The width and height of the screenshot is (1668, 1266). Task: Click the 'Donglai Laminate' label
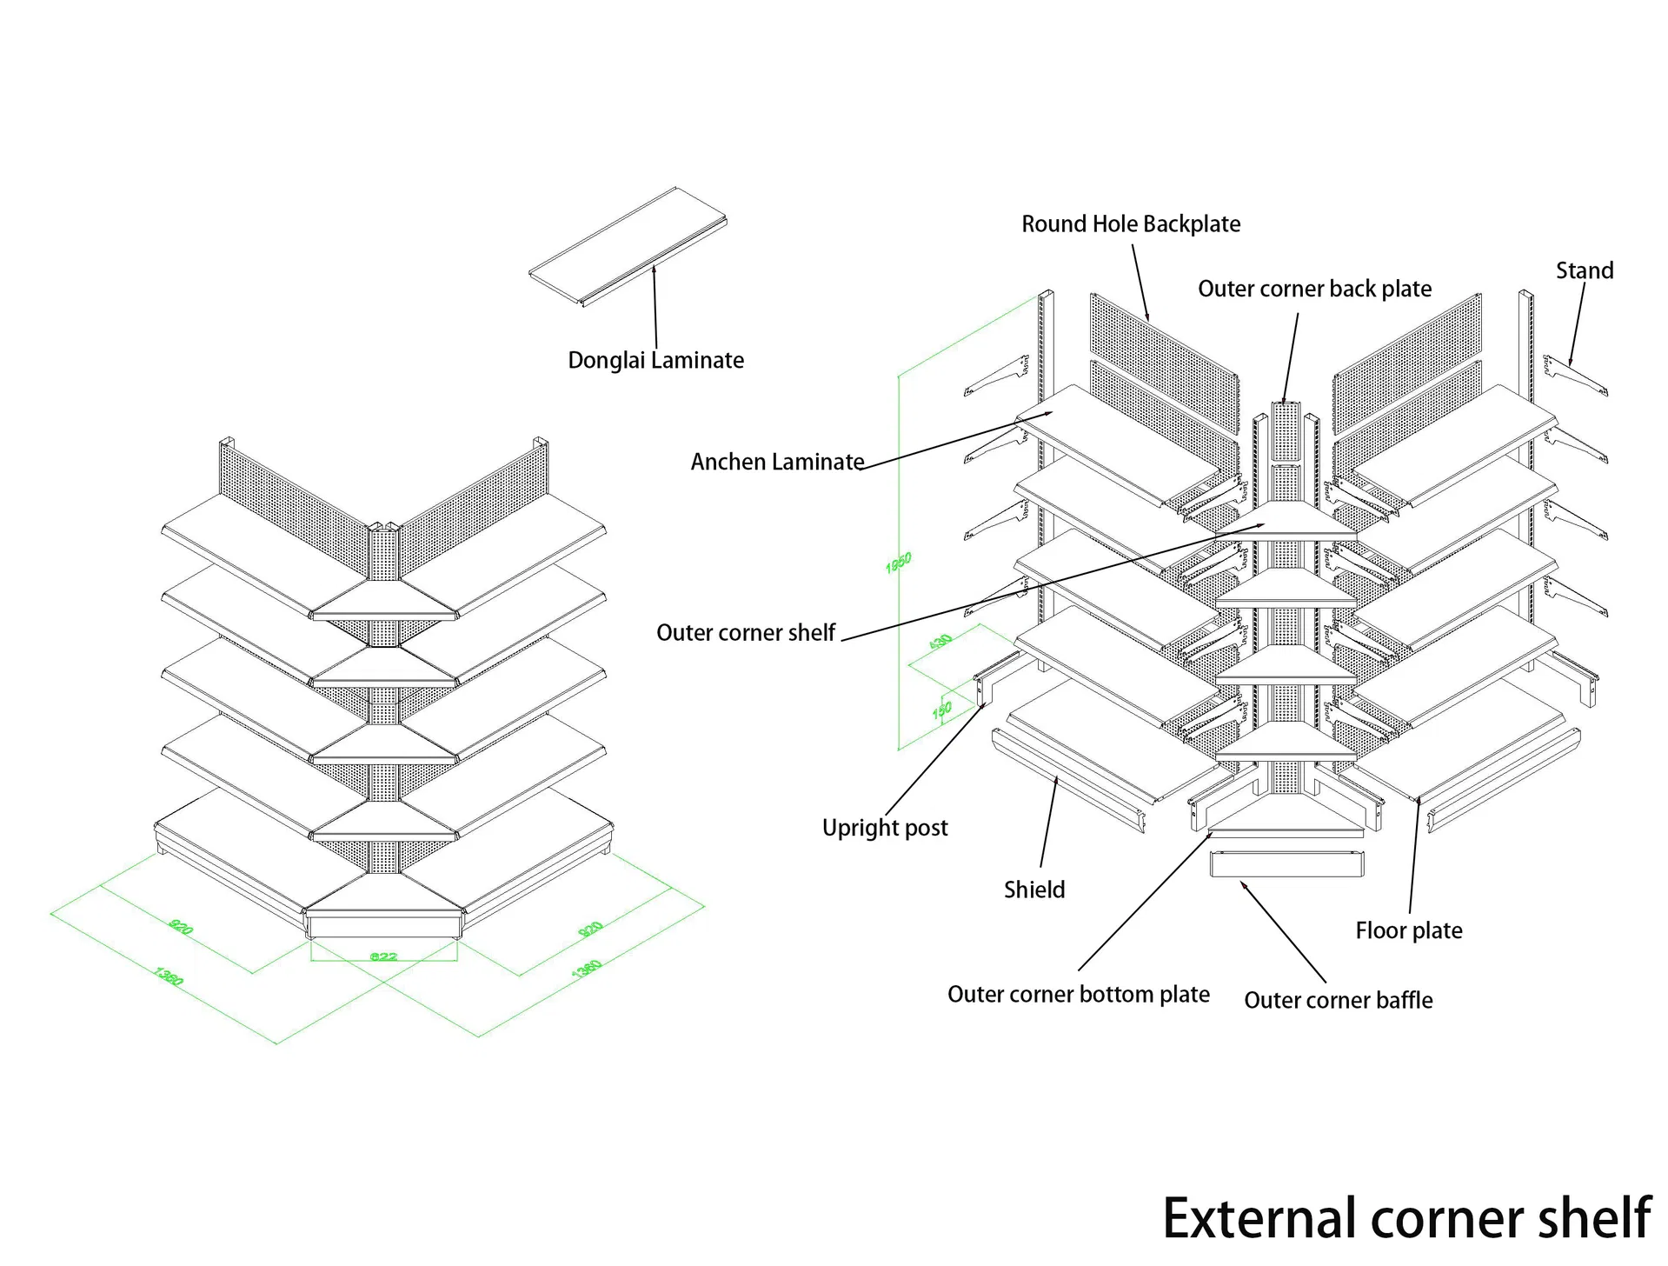point(655,360)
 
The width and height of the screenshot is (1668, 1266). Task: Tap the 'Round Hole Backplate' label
point(1130,224)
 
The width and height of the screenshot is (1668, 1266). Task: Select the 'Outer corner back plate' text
point(1314,289)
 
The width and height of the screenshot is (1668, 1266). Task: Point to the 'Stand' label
point(1584,270)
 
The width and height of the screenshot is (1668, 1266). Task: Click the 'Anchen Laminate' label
point(777,462)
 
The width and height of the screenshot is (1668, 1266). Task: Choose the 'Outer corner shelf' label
point(745,632)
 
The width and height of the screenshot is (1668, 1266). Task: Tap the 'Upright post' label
point(885,827)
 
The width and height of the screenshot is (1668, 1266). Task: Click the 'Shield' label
point(1033,890)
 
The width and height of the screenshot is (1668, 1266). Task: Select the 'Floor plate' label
point(1408,930)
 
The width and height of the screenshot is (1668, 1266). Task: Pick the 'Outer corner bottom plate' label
point(1078,994)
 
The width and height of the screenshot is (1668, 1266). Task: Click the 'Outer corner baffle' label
point(1338,1000)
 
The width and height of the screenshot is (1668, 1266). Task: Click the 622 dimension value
point(383,956)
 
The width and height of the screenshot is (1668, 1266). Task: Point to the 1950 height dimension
point(898,563)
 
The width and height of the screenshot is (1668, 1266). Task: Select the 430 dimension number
point(940,642)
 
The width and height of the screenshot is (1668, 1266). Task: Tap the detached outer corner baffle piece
point(1286,864)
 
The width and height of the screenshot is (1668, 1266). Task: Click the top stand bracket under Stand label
point(1575,375)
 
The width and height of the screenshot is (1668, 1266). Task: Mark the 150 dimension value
point(941,710)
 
